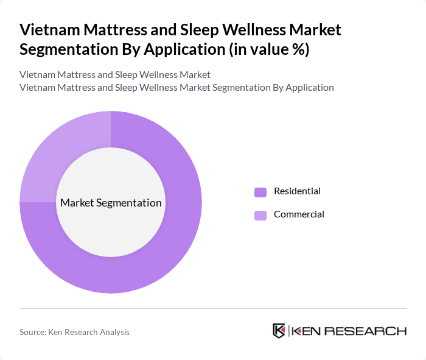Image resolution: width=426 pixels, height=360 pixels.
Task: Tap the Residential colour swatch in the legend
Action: (260, 192)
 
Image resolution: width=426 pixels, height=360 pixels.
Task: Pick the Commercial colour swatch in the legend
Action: (260, 215)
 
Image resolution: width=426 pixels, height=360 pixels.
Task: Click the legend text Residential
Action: (297, 191)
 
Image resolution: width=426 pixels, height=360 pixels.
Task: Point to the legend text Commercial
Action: (299, 214)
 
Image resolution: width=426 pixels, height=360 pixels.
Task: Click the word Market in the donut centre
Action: (76, 203)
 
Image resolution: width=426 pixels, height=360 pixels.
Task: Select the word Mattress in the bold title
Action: (113, 30)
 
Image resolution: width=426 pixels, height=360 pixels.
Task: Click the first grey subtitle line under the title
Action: (115, 75)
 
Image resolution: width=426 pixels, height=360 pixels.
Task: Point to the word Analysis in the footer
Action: (113, 332)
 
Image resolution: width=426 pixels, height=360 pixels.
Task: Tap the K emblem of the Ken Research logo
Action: (279, 331)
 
